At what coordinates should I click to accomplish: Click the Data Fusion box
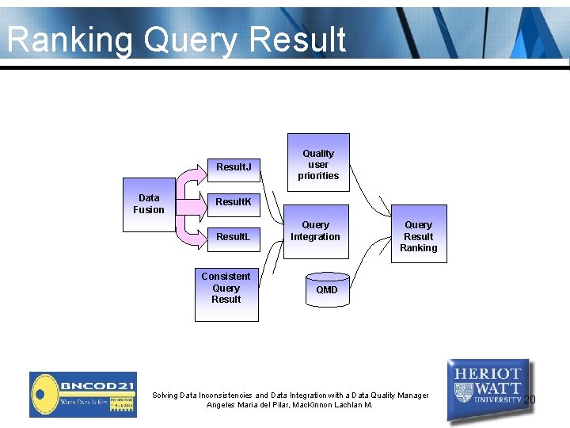[149, 204]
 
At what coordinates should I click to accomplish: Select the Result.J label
[234, 167]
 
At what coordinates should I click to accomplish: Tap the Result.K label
[234, 202]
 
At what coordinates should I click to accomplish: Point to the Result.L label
[234, 237]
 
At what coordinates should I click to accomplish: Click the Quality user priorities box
[317, 164]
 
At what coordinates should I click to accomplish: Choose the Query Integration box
[315, 231]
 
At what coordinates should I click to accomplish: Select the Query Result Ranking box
[418, 235]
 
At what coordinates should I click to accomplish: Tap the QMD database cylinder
[326, 289]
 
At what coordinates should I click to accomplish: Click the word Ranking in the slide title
[72, 40]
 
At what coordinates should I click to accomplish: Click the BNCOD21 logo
[83, 394]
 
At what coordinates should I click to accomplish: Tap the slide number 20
[530, 399]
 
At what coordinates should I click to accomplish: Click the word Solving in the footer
[165, 395]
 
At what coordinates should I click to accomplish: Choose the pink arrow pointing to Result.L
[191, 232]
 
